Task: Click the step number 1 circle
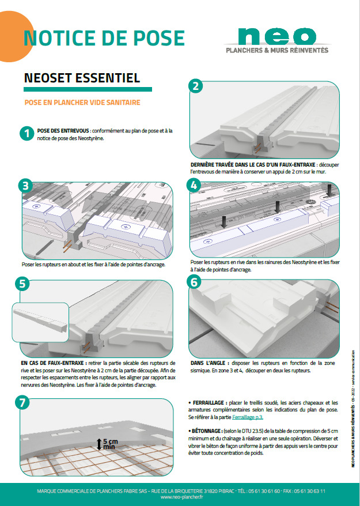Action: coord(25,133)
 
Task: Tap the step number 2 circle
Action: coord(196,87)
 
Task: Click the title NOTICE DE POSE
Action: coord(104,37)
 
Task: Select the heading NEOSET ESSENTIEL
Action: coord(82,78)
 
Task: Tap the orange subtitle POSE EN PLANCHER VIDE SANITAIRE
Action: coord(82,103)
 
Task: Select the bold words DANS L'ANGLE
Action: coord(209,364)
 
